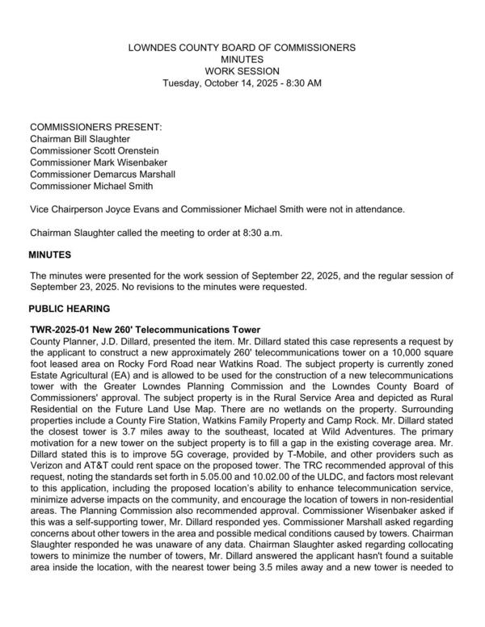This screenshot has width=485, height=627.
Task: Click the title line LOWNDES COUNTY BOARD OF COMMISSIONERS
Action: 242,48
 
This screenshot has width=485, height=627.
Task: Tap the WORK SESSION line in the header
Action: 242,71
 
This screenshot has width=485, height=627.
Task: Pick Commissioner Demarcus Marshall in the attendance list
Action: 102,174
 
